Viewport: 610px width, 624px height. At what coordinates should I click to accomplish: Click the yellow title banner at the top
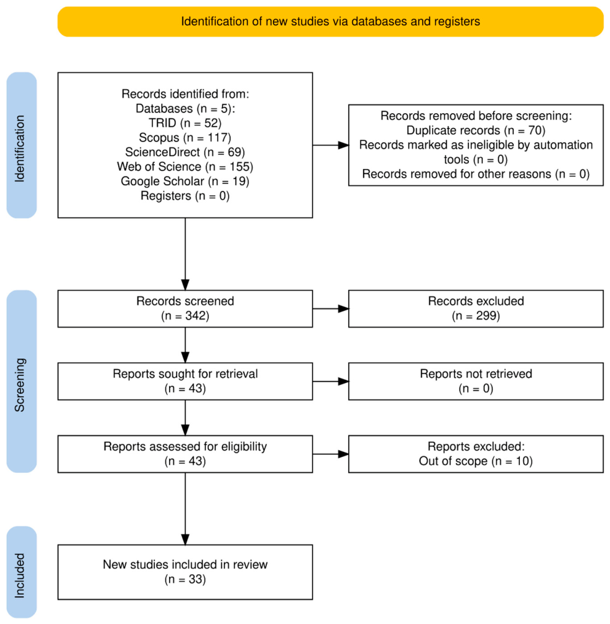[x=330, y=22]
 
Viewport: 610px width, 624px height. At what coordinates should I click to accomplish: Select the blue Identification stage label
[x=22, y=145]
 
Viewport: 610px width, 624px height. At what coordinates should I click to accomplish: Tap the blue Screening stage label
[x=22, y=381]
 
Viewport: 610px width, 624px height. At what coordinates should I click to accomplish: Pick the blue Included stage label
[x=22, y=572]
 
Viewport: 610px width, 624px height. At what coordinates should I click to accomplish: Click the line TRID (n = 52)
[x=185, y=123]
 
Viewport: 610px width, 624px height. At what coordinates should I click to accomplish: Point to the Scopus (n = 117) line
[x=185, y=138]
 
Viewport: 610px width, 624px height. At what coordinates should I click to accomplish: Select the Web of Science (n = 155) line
[x=185, y=167]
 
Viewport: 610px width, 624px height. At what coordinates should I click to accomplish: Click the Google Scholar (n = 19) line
[x=185, y=181]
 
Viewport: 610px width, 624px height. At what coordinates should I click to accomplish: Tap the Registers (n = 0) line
[x=185, y=196]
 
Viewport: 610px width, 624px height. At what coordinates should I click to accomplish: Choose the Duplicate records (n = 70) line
[x=476, y=131]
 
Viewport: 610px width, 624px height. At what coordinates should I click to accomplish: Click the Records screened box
[x=185, y=309]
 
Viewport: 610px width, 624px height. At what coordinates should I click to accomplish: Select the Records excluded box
[x=476, y=309]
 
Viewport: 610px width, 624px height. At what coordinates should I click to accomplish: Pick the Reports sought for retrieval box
[x=185, y=381]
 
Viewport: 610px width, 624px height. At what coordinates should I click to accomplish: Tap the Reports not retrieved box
[x=476, y=381]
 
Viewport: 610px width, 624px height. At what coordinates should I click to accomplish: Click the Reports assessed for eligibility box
[x=185, y=454]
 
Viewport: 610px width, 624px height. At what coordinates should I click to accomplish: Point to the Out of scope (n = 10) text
[x=476, y=461]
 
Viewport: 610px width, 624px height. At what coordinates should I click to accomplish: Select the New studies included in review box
[x=185, y=572]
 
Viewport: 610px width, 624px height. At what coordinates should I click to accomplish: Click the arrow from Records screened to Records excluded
[x=330, y=308]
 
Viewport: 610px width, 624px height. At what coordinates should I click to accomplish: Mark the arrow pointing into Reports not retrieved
[x=330, y=381]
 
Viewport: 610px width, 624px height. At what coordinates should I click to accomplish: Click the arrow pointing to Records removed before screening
[x=330, y=145]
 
